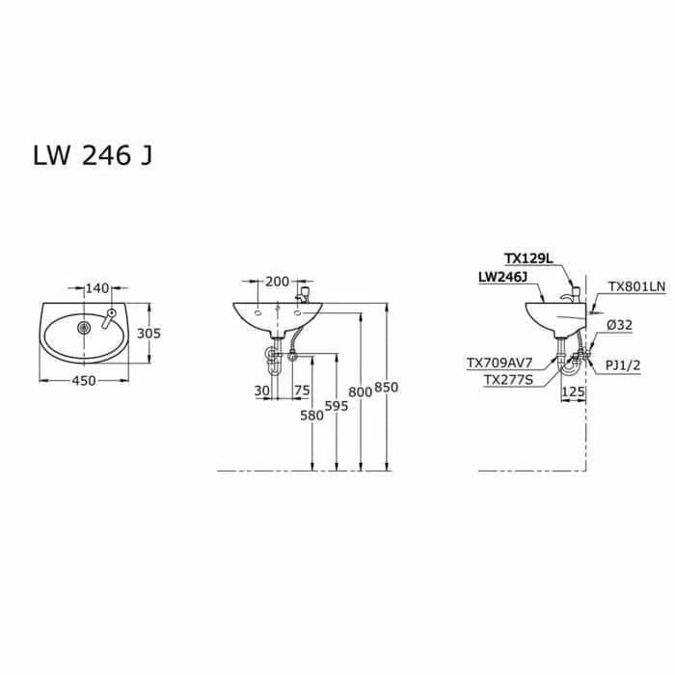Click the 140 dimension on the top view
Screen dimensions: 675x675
pyautogui.click(x=97, y=288)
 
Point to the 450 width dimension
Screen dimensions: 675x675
pyautogui.click(x=84, y=381)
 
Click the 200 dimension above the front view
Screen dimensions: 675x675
pyautogui.click(x=277, y=282)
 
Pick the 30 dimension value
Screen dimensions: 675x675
pyautogui.click(x=260, y=391)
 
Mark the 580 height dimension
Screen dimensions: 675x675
pyautogui.click(x=310, y=417)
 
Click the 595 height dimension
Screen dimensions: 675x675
pyautogui.click(x=337, y=406)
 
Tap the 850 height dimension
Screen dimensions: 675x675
pyautogui.click(x=387, y=387)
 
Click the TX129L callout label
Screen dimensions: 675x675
pyautogui.click(x=529, y=258)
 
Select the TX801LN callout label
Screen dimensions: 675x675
pyautogui.click(x=635, y=287)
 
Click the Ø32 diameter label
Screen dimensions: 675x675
pyautogui.click(x=619, y=326)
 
